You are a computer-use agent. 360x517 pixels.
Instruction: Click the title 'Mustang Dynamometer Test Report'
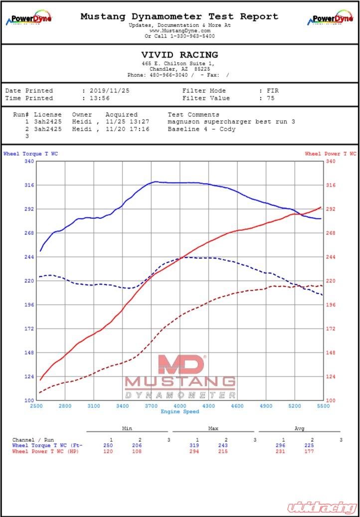point(180,16)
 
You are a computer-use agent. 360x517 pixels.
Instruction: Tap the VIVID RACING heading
point(180,55)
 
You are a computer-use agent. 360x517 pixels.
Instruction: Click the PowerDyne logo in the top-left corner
point(28,18)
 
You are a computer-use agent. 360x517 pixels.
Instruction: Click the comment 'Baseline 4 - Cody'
point(201,129)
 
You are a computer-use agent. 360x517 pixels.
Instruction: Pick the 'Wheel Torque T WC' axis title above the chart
point(30,154)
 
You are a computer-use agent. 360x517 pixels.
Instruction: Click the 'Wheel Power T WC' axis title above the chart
point(331,154)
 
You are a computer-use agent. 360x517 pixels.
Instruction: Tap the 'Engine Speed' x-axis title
point(180,412)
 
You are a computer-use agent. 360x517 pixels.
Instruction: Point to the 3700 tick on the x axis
point(151,406)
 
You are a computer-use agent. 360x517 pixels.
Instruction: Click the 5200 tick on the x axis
point(295,406)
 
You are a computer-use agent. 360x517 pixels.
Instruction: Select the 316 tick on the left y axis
point(29,185)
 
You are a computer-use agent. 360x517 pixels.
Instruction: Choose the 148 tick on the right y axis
point(331,353)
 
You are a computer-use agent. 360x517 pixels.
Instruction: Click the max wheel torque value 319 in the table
point(194,446)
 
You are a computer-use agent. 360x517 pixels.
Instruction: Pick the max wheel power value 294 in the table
point(194,452)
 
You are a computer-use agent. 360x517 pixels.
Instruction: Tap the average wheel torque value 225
point(309,446)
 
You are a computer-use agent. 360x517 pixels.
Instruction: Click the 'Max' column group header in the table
point(213,429)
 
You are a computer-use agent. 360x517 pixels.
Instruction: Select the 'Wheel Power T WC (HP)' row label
point(45,452)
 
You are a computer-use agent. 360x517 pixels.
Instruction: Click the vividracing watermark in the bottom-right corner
point(321,507)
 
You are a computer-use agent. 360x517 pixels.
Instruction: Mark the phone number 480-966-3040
point(169,75)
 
